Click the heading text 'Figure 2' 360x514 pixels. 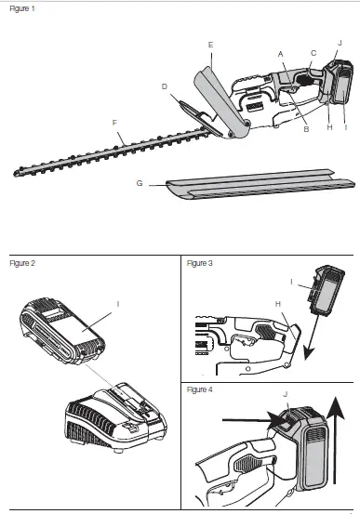(21, 264)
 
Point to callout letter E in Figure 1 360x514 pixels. (211, 45)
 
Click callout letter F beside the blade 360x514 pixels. (113, 124)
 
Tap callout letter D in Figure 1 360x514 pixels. (164, 87)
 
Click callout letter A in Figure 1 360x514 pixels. (280, 55)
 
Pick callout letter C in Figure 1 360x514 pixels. (313, 53)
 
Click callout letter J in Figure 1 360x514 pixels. (340, 43)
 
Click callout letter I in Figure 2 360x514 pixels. (117, 304)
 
